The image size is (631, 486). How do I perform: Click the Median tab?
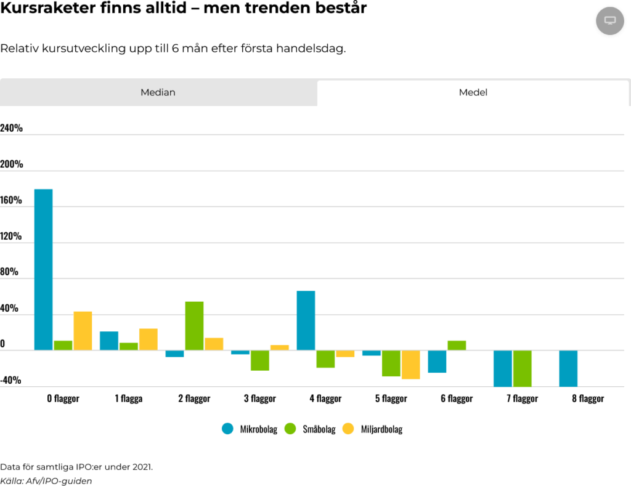tap(158, 92)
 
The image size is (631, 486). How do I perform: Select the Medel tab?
tap(473, 92)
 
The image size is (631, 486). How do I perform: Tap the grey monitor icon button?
tap(610, 20)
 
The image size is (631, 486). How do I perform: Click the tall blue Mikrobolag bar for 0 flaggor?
tap(43, 269)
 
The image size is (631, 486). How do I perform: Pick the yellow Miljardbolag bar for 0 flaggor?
tap(83, 331)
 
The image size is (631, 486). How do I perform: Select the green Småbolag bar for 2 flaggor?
tap(194, 326)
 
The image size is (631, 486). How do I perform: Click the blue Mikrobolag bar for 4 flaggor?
tap(306, 320)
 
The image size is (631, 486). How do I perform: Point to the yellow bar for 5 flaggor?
tap(411, 365)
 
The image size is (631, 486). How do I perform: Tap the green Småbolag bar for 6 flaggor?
tap(457, 346)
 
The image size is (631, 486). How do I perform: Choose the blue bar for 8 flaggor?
tap(568, 368)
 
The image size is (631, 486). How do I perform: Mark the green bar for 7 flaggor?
tap(522, 368)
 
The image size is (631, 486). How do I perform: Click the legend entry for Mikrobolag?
tap(250, 429)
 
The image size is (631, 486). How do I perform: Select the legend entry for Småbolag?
tap(312, 429)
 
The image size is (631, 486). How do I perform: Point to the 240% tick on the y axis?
tap(12, 128)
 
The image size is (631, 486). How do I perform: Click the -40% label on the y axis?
tap(12, 380)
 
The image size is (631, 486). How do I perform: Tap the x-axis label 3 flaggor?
tap(259, 399)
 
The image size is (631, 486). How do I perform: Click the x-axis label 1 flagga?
tap(128, 399)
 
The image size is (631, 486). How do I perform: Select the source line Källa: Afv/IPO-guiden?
tap(46, 480)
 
